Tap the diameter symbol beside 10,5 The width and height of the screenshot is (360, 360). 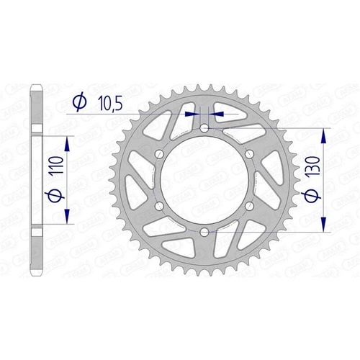click(x=80, y=104)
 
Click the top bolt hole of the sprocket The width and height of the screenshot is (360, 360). click(x=204, y=127)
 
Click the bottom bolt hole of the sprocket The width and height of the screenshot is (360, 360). click(x=204, y=231)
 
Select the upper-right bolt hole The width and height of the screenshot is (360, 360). click(x=249, y=153)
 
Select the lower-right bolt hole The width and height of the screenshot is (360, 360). click(x=249, y=206)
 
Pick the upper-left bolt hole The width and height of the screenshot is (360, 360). click(x=159, y=153)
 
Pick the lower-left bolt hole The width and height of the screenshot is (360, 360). click(x=159, y=206)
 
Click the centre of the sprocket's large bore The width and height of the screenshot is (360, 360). click(x=204, y=179)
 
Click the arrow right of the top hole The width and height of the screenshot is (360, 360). click(x=217, y=113)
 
